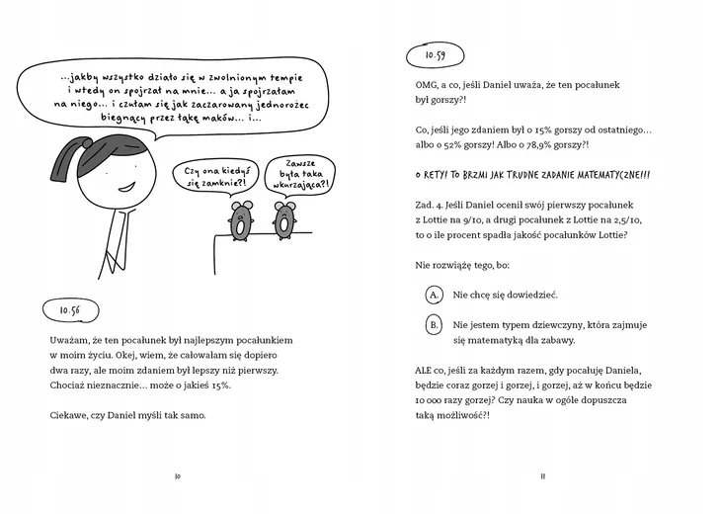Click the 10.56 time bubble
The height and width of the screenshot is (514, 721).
tap(69, 309)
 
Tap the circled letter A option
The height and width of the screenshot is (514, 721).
tap(434, 295)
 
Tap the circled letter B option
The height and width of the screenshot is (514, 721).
tap(434, 324)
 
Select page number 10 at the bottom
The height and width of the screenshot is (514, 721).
tap(177, 475)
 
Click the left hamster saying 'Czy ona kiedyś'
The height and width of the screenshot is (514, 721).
tap(239, 221)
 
